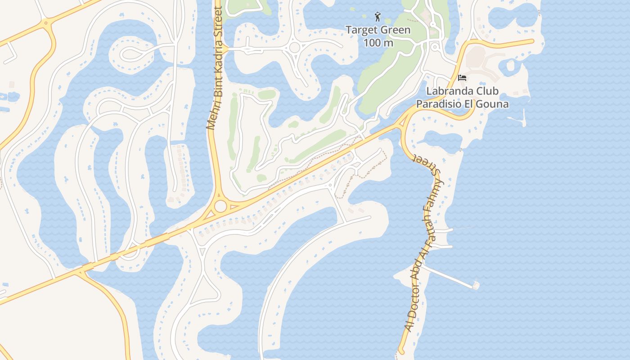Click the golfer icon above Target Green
coord(377,17)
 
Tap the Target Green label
coord(378,30)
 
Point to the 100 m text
coord(378,43)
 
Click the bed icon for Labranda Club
coord(462,78)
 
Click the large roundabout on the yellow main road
coord(220,206)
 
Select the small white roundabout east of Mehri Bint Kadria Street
coord(295,47)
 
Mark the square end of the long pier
coord(476,285)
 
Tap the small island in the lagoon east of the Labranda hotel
coord(511,66)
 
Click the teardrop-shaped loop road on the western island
coord(130,54)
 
